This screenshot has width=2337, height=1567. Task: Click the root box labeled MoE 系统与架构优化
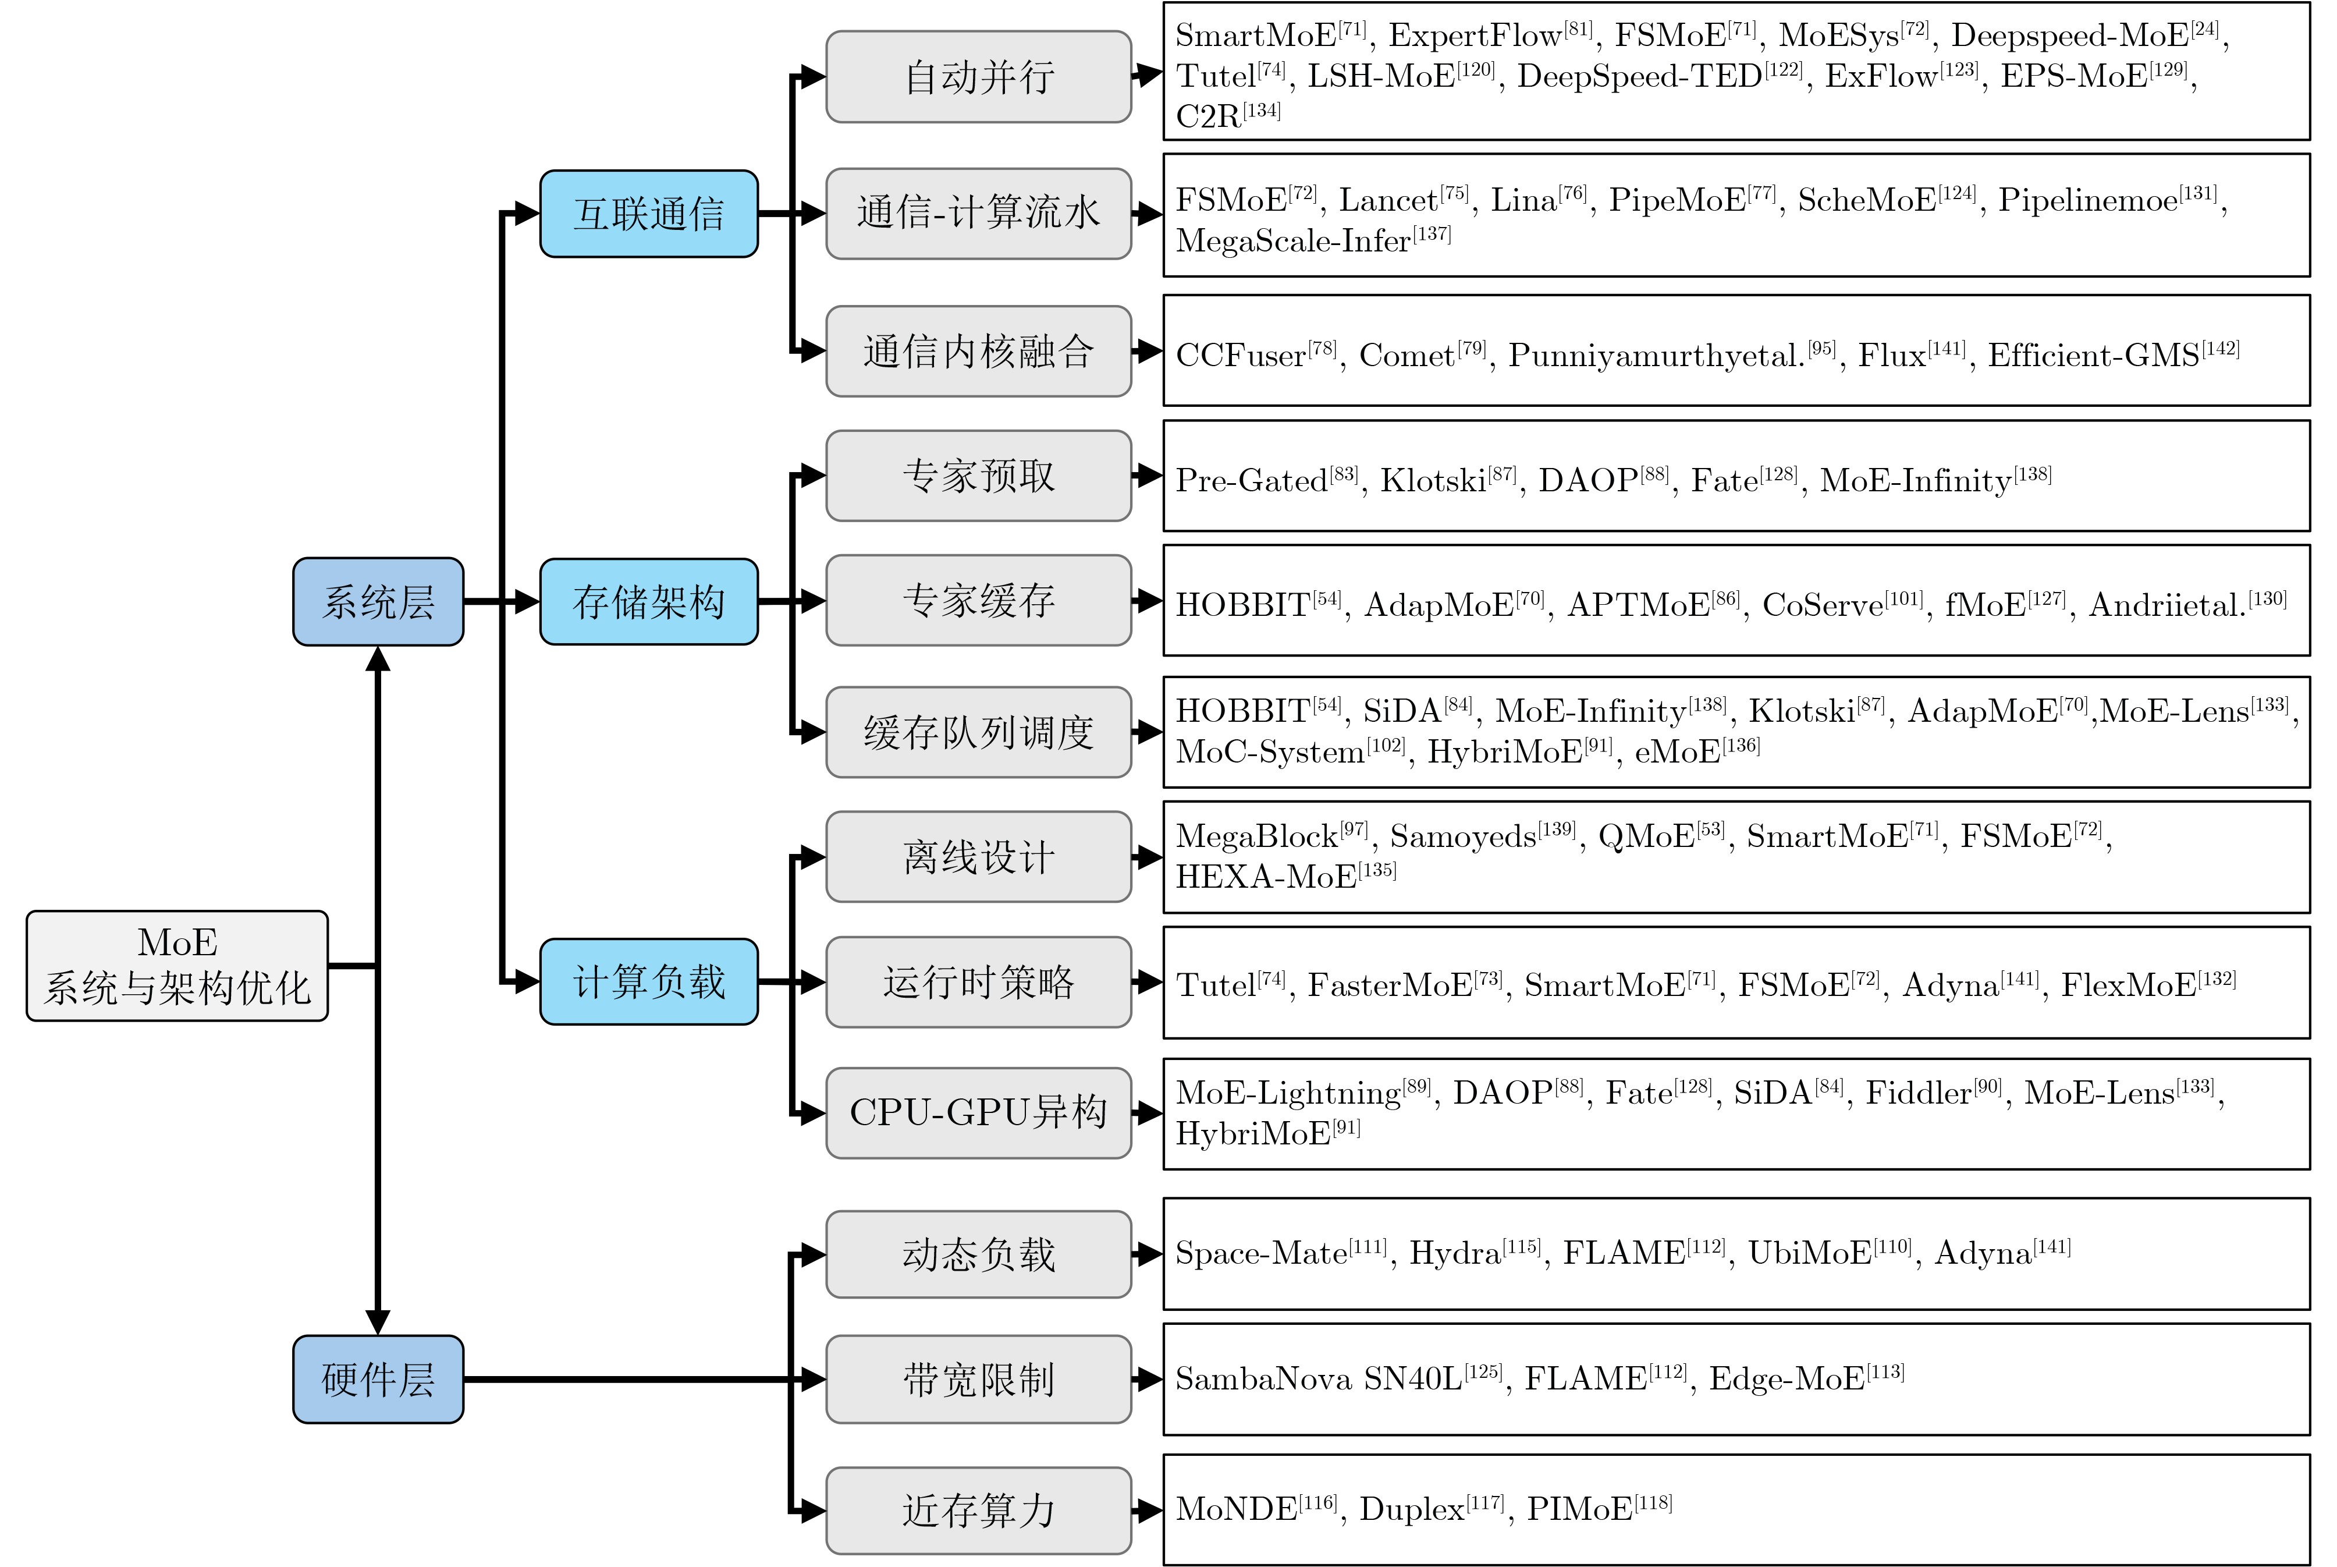click(x=177, y=965)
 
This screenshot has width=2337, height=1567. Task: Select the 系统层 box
click(x=378, y=602)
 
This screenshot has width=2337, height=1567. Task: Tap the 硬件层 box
click(x=378, y=1379)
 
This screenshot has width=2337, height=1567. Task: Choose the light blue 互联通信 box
click(x=648, y=214)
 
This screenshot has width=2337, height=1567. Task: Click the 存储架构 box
click(x=648, y=602)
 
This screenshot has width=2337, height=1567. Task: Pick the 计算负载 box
click(x=648, y=981)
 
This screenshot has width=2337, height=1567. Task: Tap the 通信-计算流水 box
click(x=978, y=214)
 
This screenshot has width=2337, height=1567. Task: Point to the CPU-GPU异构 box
click(x=978, y=1112)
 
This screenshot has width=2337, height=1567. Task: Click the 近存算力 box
click(x=978, y=1510)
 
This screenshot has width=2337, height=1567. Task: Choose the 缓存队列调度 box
click(x=978, y=732)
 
